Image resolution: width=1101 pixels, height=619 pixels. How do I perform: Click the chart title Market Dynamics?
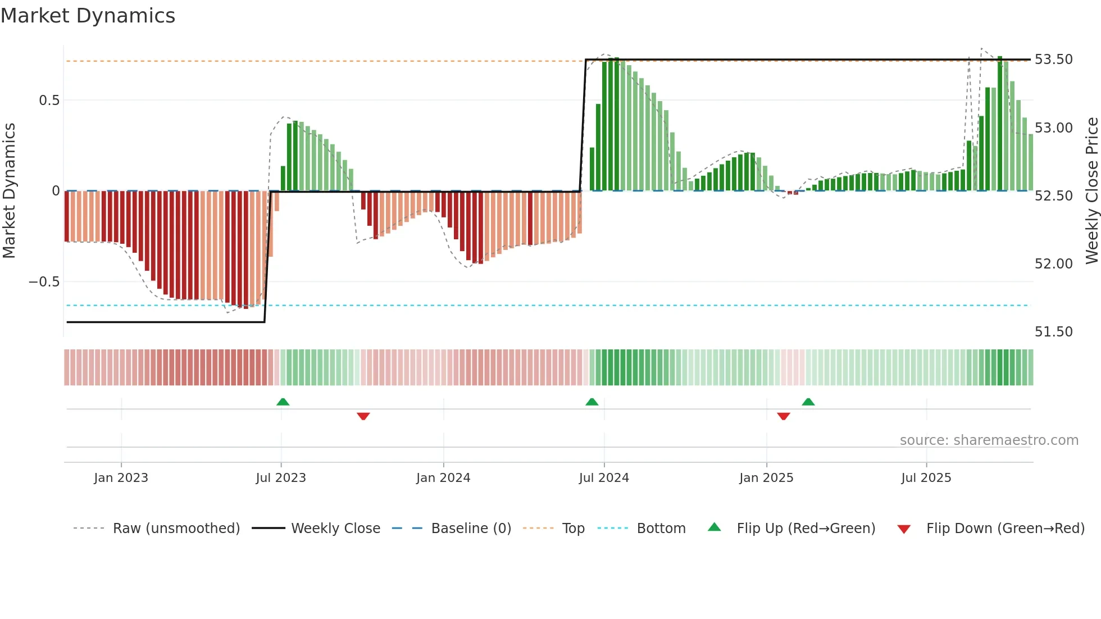(88, 16)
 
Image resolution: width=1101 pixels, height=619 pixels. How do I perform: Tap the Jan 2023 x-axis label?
(121, 478)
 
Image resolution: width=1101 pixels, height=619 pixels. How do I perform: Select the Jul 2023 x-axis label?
(281, 478)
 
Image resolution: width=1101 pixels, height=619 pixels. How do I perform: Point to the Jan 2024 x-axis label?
(443, 478)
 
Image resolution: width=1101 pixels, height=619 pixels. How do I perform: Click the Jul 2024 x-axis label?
(604, 478)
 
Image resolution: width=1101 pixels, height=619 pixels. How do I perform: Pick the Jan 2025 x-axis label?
(766, 478)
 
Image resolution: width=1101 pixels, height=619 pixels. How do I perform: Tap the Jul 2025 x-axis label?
(926, 478)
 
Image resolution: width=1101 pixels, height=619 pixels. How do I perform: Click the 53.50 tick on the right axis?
(1053, 60)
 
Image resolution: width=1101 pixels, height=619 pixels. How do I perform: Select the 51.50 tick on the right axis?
(1053, 332)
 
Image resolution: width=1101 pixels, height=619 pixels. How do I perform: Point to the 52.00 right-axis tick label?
(1053, 264)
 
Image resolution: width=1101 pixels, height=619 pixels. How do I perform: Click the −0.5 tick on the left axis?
(44, 282)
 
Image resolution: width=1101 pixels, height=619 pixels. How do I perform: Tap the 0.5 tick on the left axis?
(49, 101)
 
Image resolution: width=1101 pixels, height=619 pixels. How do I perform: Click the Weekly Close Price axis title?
(1091, 191)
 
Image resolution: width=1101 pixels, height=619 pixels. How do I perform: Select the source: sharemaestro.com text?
(989, 440)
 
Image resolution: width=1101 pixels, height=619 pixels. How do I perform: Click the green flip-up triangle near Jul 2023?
(283, 402)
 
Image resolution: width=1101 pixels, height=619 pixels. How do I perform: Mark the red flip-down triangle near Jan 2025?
(784, 416)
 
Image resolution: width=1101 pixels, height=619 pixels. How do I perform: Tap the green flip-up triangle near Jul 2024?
(592, 402)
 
